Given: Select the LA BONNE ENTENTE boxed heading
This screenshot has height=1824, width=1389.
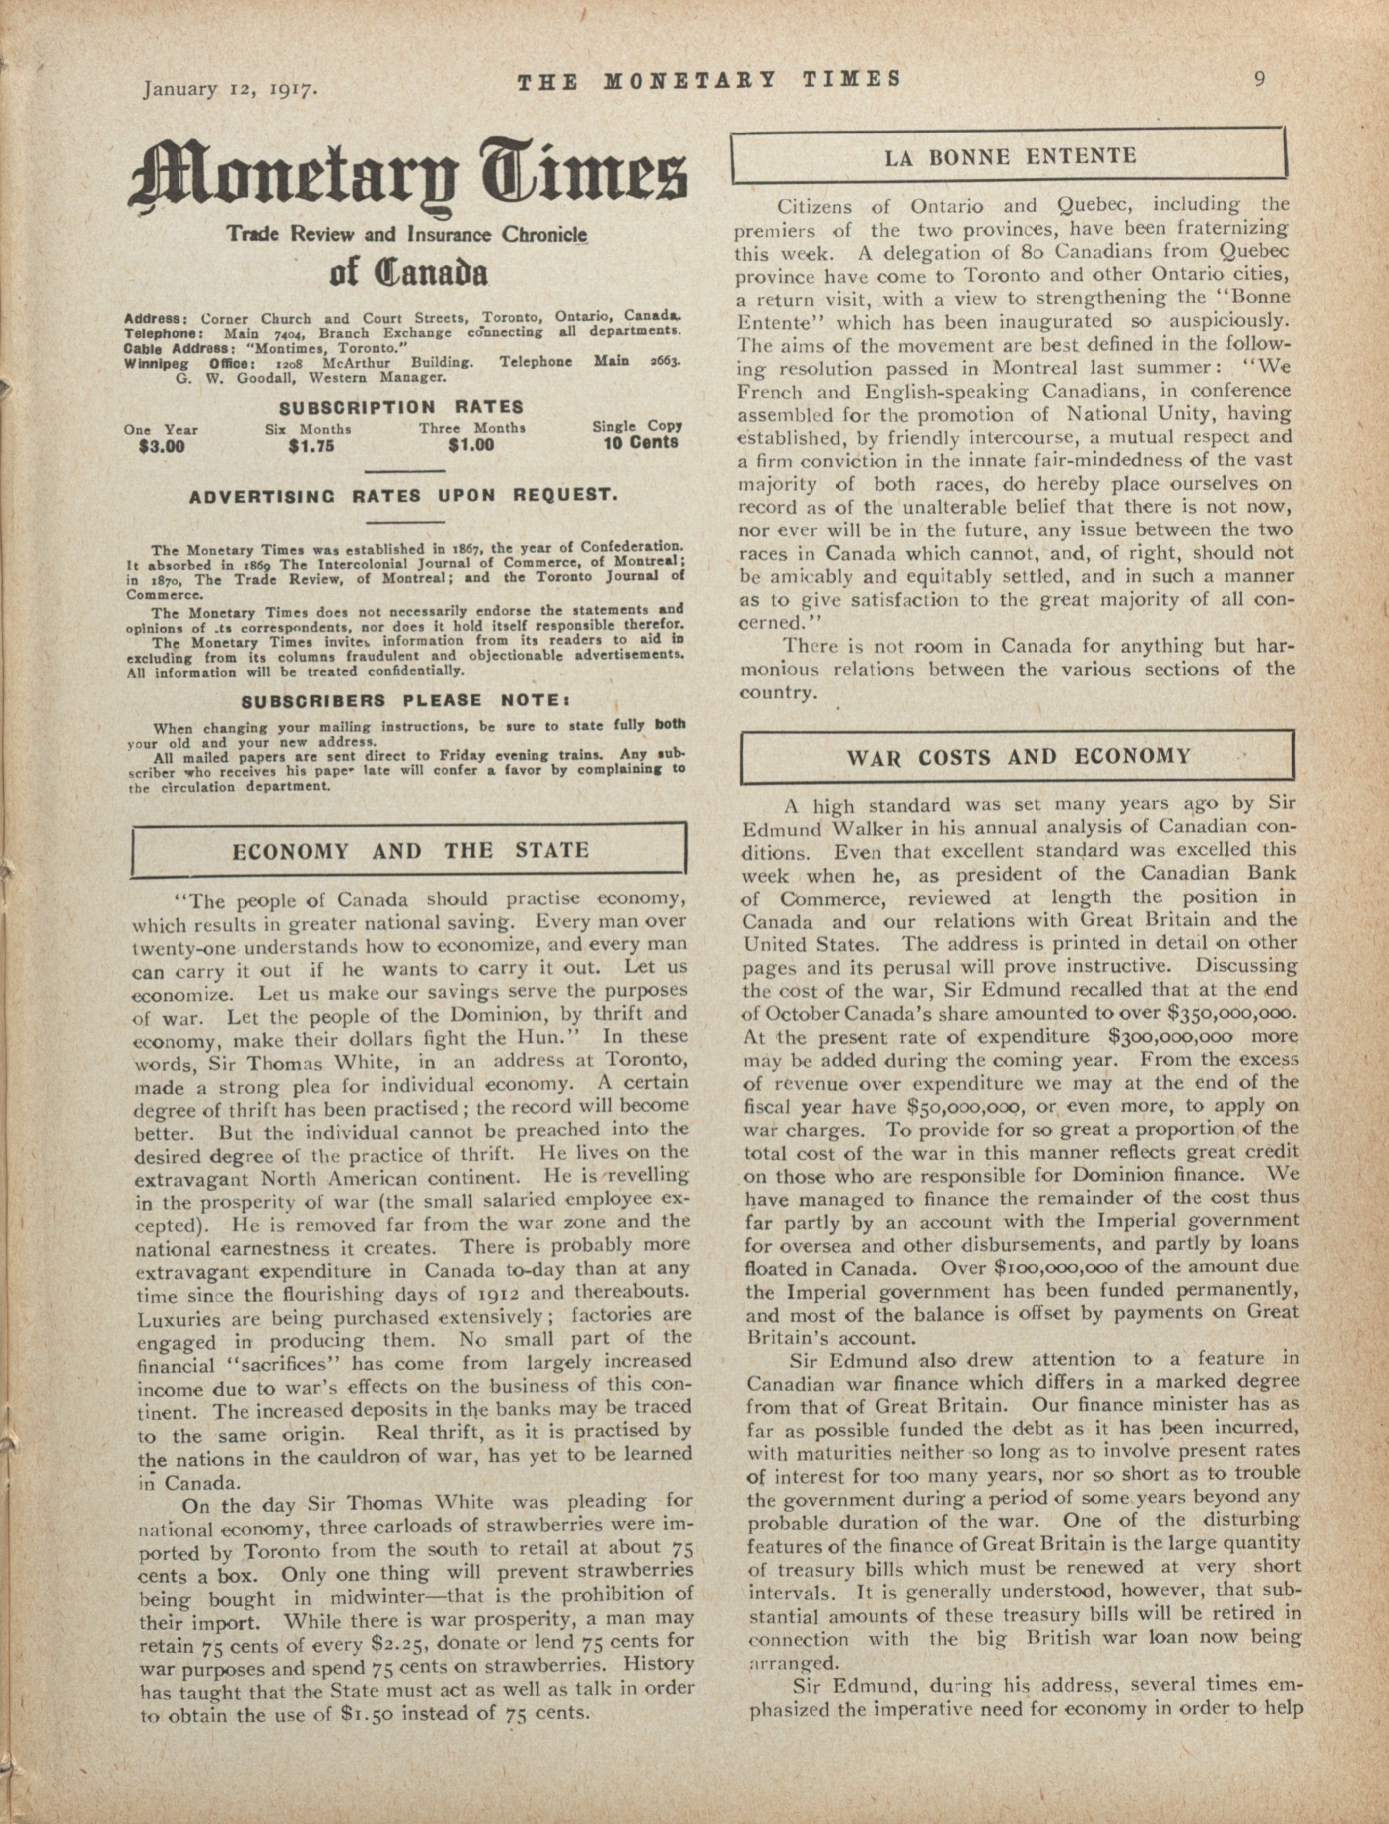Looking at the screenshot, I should pos(1010,156).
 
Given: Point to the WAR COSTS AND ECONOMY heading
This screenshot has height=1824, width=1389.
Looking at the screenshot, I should pos(1018,756).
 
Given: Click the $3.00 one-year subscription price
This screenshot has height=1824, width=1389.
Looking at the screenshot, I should pos(162,447).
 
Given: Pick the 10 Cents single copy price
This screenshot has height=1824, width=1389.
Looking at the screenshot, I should pos(641,443).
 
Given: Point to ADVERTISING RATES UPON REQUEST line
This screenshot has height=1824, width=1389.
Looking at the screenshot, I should pos(403,496).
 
